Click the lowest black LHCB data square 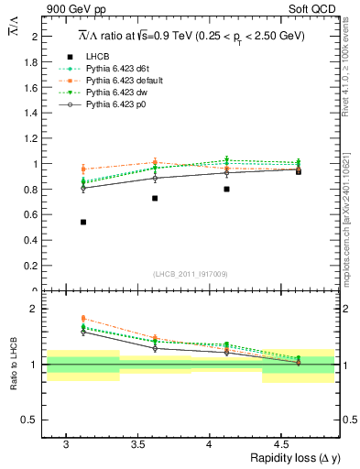83,222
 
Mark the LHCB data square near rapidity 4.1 226,189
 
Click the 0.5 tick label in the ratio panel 30,420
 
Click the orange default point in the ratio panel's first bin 83,318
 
